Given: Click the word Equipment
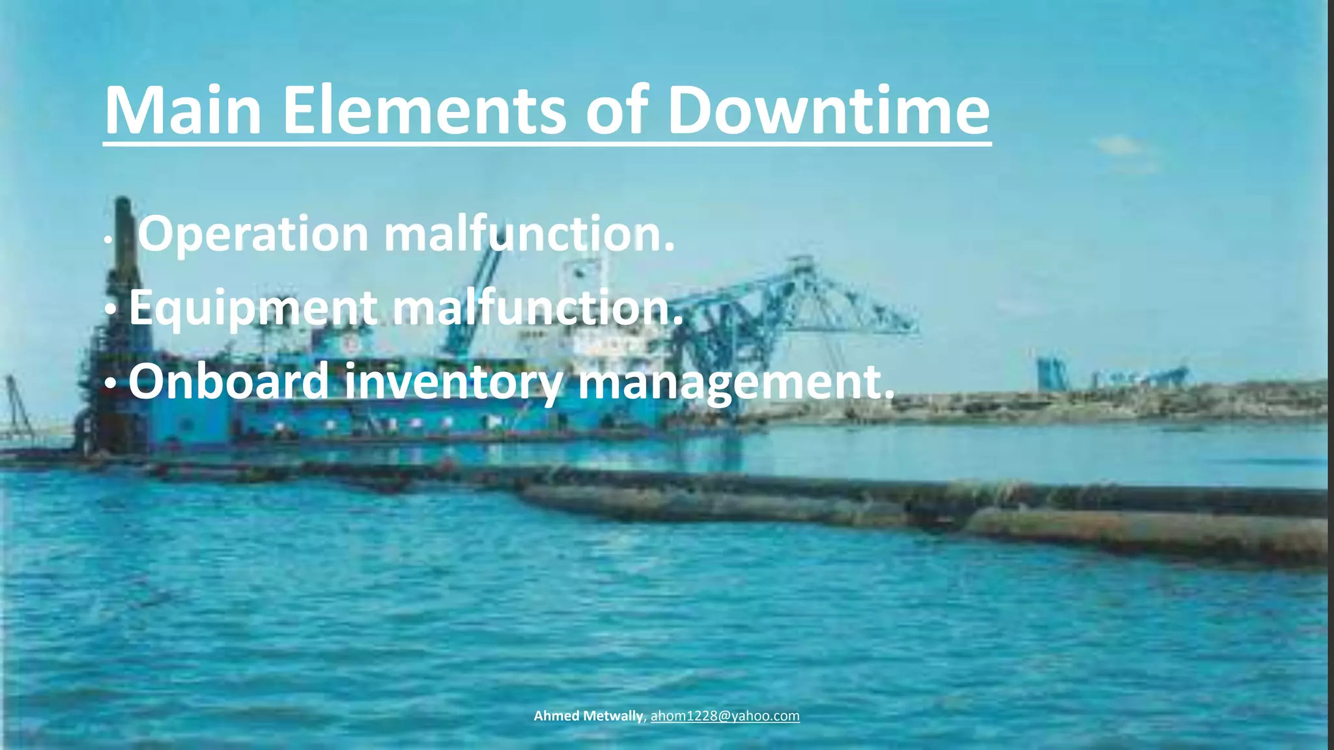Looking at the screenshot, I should pos(253,309).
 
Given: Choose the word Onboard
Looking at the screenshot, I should pos(228,382).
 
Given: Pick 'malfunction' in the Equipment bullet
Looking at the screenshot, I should pos(537,308).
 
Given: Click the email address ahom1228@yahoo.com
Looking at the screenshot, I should pos(725,716).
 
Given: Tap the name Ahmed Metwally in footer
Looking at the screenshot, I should pos(588,716).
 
